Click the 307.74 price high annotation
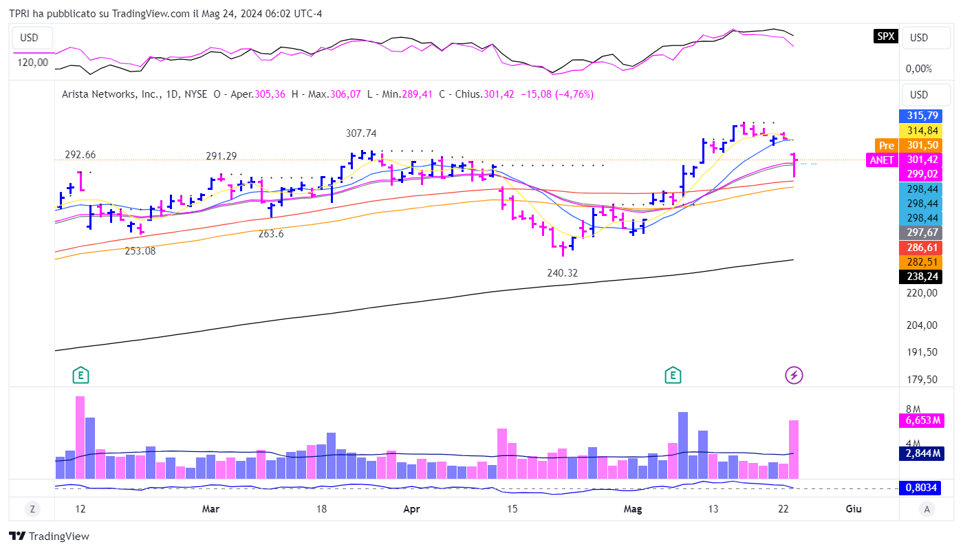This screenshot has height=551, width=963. click(x=361, y=133)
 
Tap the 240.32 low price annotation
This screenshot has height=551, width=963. click(x=562, y=273)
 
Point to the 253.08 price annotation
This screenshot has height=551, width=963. click(x=140, y=251)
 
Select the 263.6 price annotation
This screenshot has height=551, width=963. click(x=271, y=234)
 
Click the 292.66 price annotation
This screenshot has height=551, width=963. click(x=80, y=154)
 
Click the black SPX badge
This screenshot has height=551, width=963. click(x=885, y=37)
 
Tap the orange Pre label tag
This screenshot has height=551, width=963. click(x=886, y=145)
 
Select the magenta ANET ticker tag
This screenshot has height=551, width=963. click(x=883, y=160)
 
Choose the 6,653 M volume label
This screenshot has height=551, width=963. click(x=921, y=420)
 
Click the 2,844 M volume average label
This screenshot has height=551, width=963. click(x=921, y=453)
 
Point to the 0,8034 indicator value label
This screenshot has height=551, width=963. click(x=921, y=488)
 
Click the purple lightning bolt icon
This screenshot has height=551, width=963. click(x=794, y=375)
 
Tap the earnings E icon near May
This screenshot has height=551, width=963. click(x=673, y=375)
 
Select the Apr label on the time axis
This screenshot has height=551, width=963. click(x=411, y=509)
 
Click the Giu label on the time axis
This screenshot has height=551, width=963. click(x=854, y=509)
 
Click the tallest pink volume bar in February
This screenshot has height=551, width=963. click(x=80, y=437)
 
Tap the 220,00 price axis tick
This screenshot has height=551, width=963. click(x=921, y=292)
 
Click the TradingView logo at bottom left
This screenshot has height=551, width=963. click(x=49, y=537)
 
